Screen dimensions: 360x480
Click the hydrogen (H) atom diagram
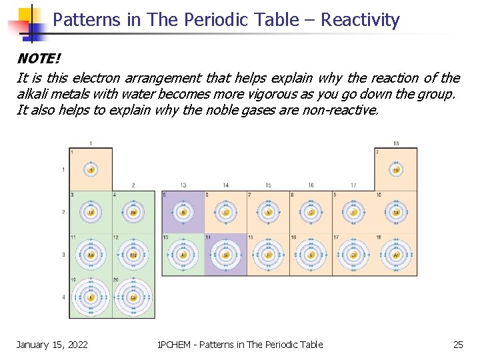[91, 169]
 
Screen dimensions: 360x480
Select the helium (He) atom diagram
[396, 169]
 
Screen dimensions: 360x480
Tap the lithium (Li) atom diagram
[91, 213]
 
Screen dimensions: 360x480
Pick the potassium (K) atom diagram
[91, 297]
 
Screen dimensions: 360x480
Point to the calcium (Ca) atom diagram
[133, 297]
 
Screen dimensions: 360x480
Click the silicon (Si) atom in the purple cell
[225, 255]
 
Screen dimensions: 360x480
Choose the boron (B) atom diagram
[183, 213]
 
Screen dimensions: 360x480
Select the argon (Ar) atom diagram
[396, 255]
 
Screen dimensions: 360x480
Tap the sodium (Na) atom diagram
[91, 255]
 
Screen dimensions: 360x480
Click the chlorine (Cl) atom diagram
[353, 255]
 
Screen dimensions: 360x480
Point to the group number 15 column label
[268, 185]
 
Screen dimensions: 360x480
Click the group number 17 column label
[353, 185]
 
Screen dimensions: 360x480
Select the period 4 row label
[64, 297]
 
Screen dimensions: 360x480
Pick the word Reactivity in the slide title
[360, 20]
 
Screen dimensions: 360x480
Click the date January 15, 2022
[52, 344]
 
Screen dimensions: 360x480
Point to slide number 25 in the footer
[458, 344]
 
